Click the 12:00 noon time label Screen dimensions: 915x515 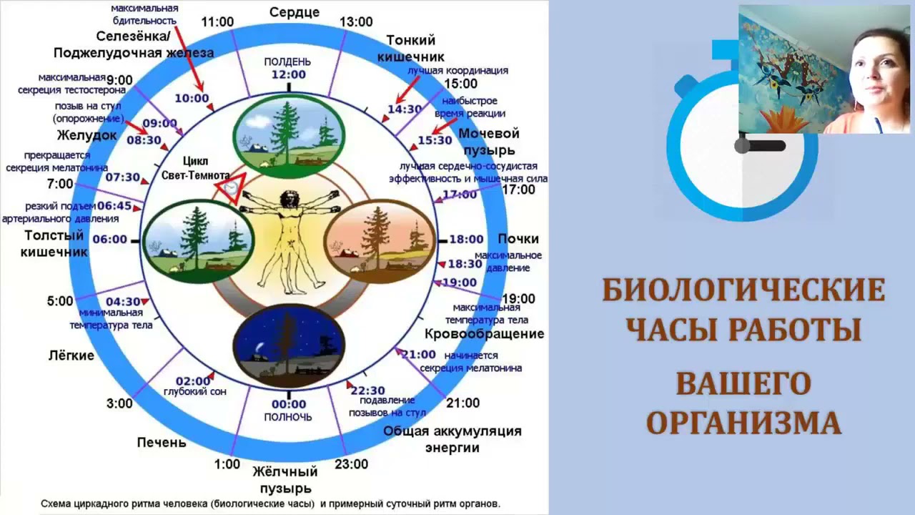coord(289,74)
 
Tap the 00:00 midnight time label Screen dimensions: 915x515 coord(289,404)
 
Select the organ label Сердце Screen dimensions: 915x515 coord(295,12)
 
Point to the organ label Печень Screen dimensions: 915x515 coord(162,442)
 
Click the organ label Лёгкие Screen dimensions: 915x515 coord(71,355)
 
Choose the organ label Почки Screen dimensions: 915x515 coord(518,239)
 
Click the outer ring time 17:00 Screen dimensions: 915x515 coord(519,190)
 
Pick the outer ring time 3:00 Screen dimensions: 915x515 coord(119,403)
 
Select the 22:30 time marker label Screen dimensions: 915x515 coord(368,391)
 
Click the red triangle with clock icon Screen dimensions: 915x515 coord(230,188)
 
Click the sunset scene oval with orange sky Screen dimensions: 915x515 coord(380,238)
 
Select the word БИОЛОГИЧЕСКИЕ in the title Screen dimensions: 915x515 coord(743,290)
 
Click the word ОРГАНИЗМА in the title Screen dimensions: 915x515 coord(743,422)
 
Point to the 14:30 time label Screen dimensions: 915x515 coord(405,109)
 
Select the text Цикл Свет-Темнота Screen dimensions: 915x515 coord(195,168)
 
